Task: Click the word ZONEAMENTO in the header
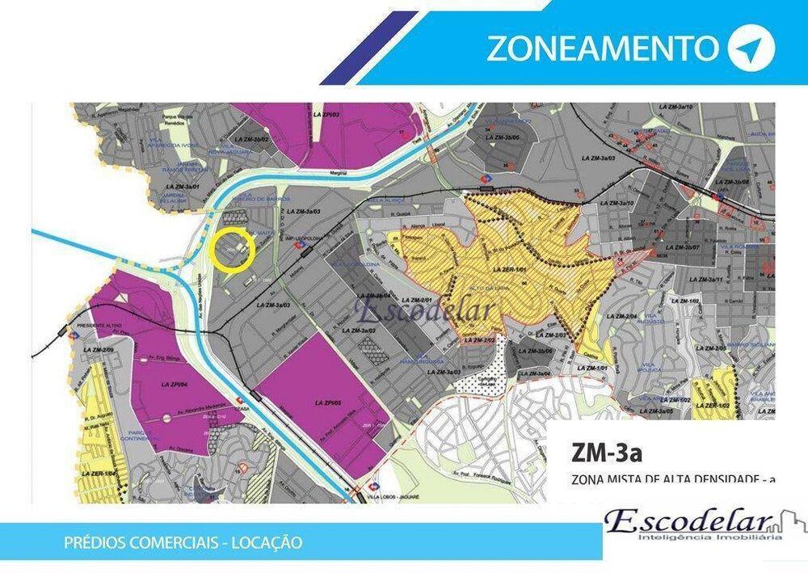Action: coord(601,48)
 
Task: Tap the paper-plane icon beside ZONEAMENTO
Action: coord(751,48)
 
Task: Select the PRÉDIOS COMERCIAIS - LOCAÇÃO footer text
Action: coord(183,542)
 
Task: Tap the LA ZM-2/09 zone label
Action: coord(98,348)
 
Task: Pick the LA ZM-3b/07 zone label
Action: coord(680,247)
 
